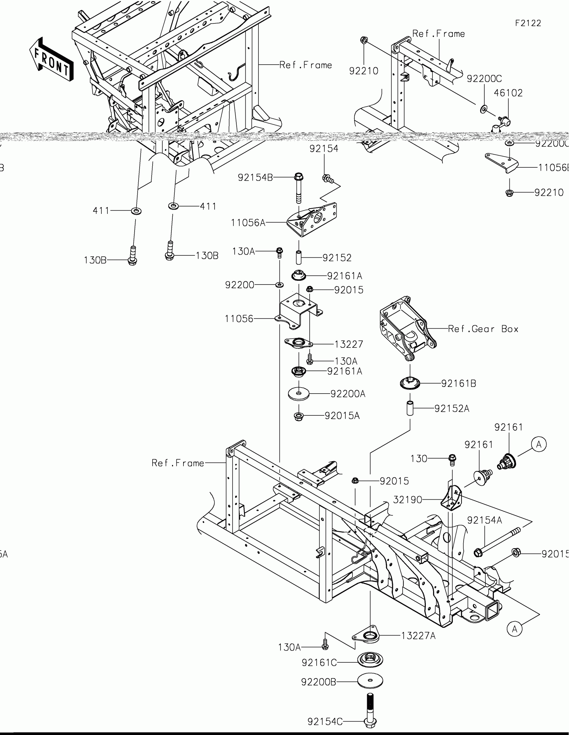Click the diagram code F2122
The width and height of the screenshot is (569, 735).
pyautogui.click(x=528, y=23)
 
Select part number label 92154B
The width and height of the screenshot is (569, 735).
pyautogui.click(x=255, y=177)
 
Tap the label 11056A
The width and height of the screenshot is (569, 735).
pyautogui.click(x=248, y=223)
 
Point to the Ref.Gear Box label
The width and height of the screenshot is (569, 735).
pyautogui.click(x=483, y=329)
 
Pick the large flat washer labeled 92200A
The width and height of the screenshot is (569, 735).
pyautogui.click(x=299, y=393)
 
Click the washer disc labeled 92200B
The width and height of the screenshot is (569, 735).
pyautogui.click(x=370, y=681)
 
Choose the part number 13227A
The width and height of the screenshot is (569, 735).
pyautogui.click(x=418, y=636)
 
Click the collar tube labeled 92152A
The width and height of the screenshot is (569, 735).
pyautogui.click(x=410, y=408)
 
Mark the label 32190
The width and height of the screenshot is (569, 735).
pyautogui.click(x=407, y=500)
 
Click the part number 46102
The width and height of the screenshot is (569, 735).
pyautogui.click(x=508, y=93)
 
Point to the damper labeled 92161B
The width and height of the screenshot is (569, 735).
pyautogui.click(x=410, y=383)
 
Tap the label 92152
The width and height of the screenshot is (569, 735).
pyautogui.click(x=337, y=258)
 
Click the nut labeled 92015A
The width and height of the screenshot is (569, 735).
pyautogui.click(x=299, y=416)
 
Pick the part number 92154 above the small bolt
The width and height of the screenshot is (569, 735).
pyautogui.click(x=324, y=148)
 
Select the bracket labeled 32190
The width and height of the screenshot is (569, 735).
pyautogui.click(x=452, y=498)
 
